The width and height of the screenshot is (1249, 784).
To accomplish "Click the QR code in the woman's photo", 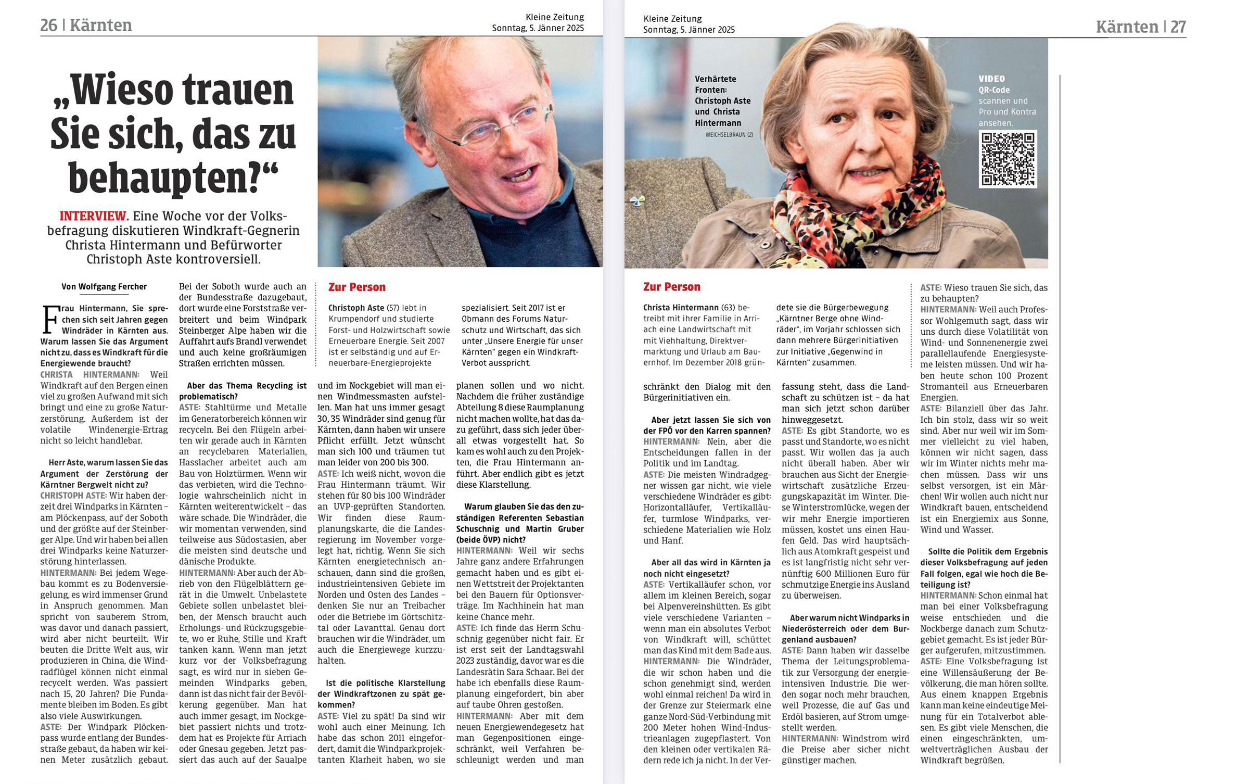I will [x=1008, y=159].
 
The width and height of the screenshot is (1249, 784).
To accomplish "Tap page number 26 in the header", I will [x=48, y=25].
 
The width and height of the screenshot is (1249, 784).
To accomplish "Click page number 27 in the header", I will [x=1178, y=27].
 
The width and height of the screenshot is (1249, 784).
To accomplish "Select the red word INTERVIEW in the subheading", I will [x=94, y=216].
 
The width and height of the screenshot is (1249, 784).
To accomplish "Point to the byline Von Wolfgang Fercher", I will [x=104, y=287].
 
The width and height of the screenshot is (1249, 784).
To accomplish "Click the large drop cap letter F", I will [x=50, y=319].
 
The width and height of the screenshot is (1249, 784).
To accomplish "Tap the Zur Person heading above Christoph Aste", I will [x=357, y=287].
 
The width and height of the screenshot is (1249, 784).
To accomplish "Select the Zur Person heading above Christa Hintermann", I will [x=672, y=287].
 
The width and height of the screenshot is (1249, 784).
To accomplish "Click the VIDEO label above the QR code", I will [x=991, y=79].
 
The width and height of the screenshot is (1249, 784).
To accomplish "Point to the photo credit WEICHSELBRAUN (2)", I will [x=729, y=135].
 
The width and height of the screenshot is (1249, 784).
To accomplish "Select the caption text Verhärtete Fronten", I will [x=715, y=84].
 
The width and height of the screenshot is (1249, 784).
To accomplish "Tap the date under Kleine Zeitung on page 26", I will [x=538, y=28].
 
